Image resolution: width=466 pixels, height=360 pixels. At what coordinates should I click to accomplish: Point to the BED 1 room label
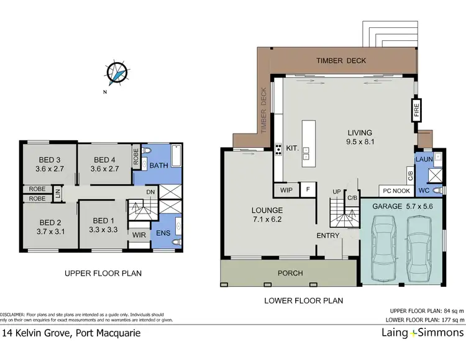coord(104,225)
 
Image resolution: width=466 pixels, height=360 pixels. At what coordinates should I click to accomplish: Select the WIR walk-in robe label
coord(138,235)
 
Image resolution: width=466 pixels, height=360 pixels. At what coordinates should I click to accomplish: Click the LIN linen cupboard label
coord(56,194)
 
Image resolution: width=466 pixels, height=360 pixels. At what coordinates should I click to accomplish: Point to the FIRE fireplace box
coord(417,112)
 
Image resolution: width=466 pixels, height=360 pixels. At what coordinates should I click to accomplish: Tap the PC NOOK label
coord(395,192)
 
